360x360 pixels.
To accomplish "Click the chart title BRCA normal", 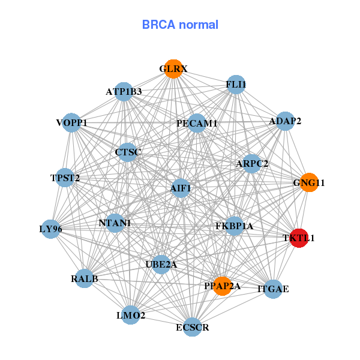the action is (x=180, y=25).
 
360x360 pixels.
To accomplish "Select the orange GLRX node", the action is (x=173, y=69).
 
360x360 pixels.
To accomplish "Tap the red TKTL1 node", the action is (x=299, y=238).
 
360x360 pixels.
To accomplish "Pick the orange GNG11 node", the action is (x=309, y=182).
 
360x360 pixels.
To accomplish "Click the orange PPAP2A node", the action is (x=223, y=286).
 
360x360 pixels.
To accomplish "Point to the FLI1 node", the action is (x=236, y=85).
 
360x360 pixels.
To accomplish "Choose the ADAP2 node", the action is (x=285, y=121).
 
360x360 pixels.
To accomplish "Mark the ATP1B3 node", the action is (x=124, y=92).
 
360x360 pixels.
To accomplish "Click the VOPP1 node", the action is (x=72, y=123).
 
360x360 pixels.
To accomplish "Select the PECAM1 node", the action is (x=197, y=124).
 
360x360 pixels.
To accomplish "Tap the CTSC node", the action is (x=127, y=152).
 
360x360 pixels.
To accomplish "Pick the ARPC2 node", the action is (x=252, y=163).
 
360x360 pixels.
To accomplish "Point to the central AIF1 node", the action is (x=181, y=188).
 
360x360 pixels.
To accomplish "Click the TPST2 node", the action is (x=65, y=178).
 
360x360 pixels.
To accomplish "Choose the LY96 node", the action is (x=51, y=229).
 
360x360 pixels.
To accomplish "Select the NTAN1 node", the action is (x=115, y=223).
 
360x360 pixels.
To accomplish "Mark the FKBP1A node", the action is (x=235, y=226).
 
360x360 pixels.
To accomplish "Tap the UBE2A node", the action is (x=161, y=264).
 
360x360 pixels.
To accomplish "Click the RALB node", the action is (x=85, y=278).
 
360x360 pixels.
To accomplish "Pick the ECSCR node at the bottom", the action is (x=193, y=327).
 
